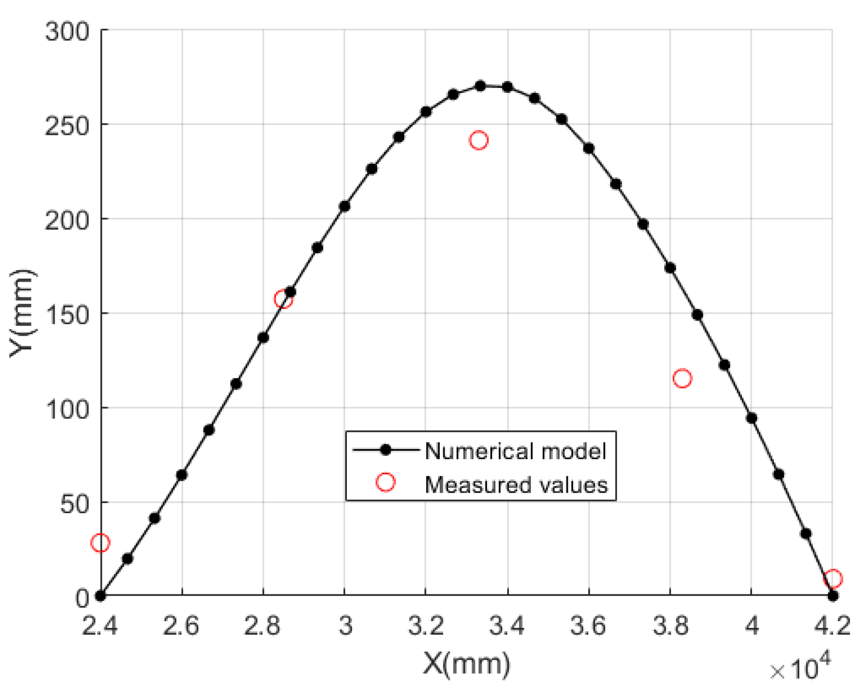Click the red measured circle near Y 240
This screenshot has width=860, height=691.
tap(479, 140)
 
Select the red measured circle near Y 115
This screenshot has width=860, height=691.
tap(682, 378)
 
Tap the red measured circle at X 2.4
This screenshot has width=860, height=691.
tap(100, 543)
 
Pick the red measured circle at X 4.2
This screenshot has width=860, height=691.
tap(833, 579)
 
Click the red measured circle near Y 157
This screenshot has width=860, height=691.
tap(283, 299)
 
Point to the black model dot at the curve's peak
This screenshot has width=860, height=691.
tap(480, 86)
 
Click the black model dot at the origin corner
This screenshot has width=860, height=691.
tap(100, 596)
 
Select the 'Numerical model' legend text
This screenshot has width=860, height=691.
tap(515, 451)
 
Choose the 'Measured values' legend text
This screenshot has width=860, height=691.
tap(516, 484)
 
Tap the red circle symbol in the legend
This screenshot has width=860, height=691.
tap(386, 482)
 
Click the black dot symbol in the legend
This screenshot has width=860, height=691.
tap(386, 450)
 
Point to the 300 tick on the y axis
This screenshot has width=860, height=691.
tap(68, 31)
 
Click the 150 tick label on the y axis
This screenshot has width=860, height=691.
tap(68, 314)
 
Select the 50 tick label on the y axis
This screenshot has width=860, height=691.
tap(73, 503)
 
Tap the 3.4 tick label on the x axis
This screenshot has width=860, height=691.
tap(507, 626)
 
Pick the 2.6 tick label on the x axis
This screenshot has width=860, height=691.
tap(182, 626)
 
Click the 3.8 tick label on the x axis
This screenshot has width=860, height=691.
tap(670, 626)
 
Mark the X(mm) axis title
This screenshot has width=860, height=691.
tap(466, 664)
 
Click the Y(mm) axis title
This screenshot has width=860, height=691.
tap(22, 313)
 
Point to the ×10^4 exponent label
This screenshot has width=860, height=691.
tap(800, 668)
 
